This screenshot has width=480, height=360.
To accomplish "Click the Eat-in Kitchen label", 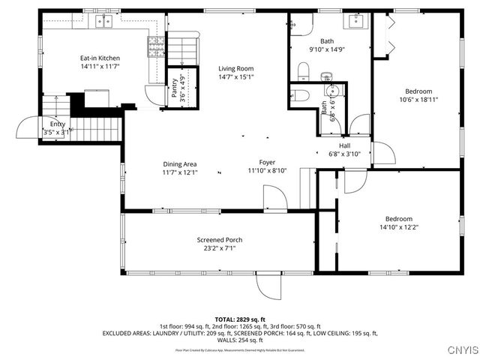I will (x=100, y=58).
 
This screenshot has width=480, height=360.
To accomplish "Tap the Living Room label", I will (x=235, y=68).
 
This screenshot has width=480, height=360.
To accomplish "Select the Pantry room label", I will (x=174, y=90).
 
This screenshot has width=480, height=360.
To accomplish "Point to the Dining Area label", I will (x=180, y=163).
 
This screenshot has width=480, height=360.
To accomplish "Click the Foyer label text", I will (x=267, y=162).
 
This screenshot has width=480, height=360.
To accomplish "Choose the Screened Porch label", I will (x=220, y=240).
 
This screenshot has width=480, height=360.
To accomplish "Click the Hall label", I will (x=344, y=145).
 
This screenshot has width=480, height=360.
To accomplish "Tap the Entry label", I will (x=58, y=124).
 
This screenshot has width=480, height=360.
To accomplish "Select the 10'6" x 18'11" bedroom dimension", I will (x=418, y=99).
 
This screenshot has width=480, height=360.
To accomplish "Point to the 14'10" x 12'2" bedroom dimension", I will (x=397, y=226).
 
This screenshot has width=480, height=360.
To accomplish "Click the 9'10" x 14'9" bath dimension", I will (x=326, y=49).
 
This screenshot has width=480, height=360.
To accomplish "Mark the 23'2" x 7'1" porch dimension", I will (x=220, y=248).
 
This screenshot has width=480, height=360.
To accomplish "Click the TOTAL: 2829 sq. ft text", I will (x=240, y=319).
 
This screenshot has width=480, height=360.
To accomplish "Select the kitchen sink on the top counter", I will (x=102, y=20).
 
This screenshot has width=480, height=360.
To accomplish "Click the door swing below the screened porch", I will (x=268, y=284).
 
